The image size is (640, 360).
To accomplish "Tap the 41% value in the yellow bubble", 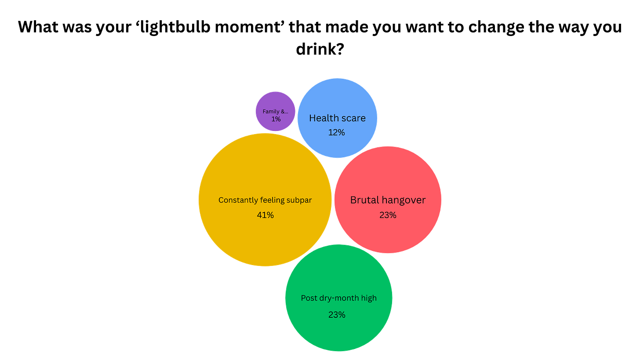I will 265,215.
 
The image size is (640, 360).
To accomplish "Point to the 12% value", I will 337,132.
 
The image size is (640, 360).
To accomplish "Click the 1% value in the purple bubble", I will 276,119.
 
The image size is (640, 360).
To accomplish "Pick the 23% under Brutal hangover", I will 388,215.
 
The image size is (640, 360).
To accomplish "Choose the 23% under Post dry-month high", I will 337,315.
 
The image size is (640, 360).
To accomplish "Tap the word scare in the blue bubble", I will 354,118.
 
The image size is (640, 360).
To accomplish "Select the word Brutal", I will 364,200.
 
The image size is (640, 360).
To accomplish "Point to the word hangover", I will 404,200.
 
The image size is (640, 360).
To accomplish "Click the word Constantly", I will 238,200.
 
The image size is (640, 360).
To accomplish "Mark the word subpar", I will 298,200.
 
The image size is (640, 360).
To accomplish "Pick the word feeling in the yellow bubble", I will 272,200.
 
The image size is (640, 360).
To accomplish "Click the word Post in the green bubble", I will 309,298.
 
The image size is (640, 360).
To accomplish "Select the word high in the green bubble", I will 368,298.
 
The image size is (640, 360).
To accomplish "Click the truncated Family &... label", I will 276,112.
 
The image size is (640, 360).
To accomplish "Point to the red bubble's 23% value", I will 388,215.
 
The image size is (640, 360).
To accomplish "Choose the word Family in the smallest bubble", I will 271,112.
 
